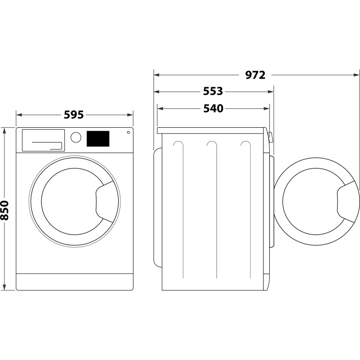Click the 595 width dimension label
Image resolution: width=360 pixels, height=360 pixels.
[x=74, y=115]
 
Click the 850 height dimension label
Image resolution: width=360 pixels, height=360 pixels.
[x=5, y=209]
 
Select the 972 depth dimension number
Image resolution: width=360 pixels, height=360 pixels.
[x=255, y=75]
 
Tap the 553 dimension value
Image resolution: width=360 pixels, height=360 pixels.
[x=213, y=91]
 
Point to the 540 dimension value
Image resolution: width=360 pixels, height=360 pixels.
[x=213, y=108]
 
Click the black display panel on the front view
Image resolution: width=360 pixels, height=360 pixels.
[x=98, y=139]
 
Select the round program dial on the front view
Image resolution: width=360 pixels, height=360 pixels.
[x=75, y=137]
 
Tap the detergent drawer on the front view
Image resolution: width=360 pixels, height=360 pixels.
[x=43, y=140]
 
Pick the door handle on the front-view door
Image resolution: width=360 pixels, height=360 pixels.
[x=105, y=200]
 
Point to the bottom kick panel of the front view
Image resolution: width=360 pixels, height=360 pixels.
[x=74, y=282]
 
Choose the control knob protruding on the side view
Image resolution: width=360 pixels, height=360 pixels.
[x=271, y=138]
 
